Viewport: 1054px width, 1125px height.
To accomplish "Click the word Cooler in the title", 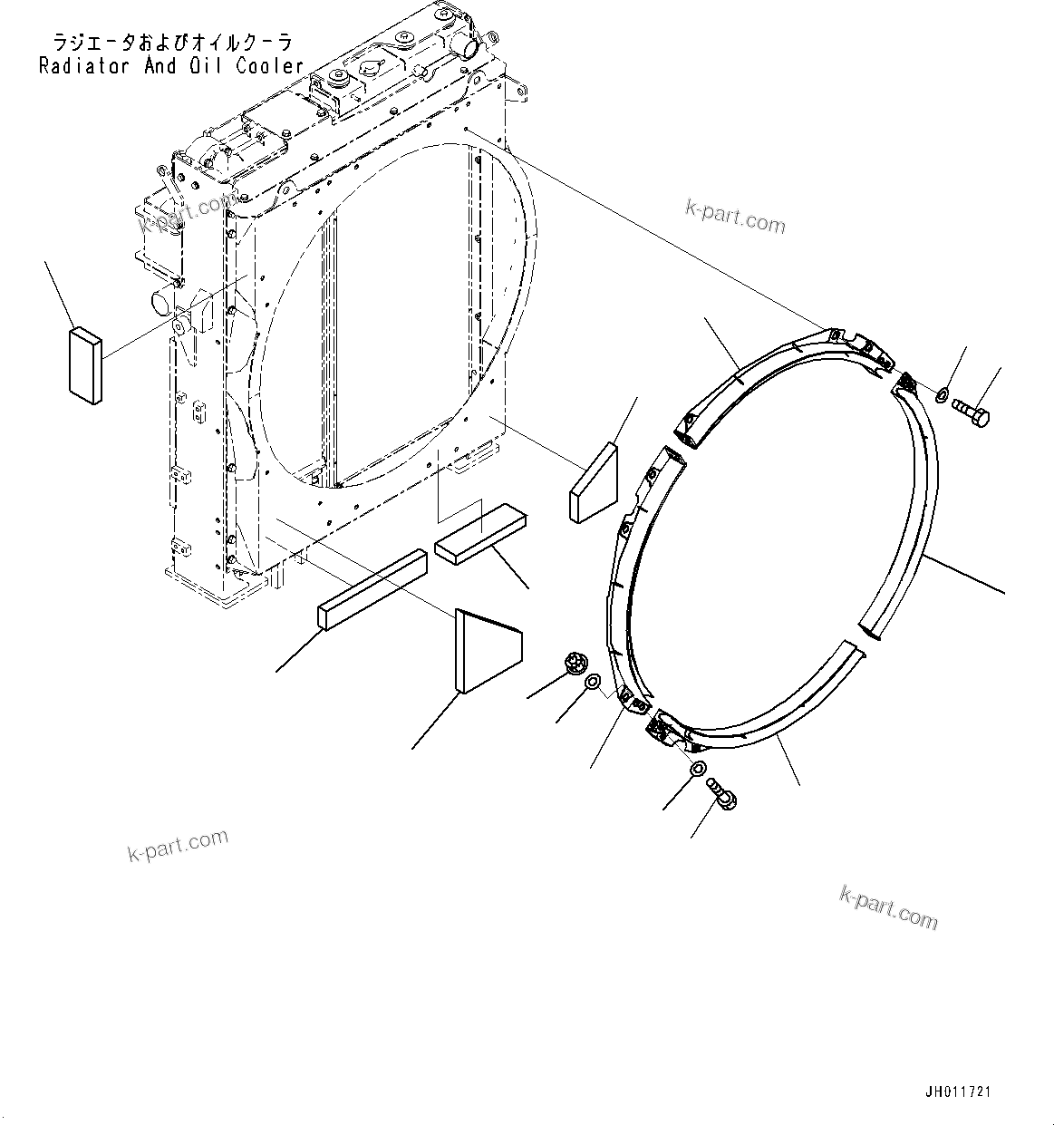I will [269, 66].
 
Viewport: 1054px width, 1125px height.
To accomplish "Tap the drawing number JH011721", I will [957, 1092].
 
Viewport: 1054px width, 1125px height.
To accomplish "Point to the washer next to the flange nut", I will [591, 683].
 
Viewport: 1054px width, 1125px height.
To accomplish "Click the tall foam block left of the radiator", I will [85, 364].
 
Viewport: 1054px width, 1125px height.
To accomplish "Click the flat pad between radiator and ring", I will [594, 481].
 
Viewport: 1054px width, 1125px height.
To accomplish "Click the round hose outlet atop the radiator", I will [461, 43].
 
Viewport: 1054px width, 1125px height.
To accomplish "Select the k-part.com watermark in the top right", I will [735, 218].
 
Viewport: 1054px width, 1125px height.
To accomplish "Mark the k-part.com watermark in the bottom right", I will [888, 907].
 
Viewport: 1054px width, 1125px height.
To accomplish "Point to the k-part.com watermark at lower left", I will [178, 846].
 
